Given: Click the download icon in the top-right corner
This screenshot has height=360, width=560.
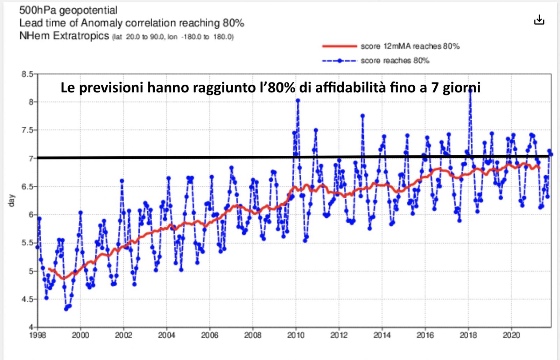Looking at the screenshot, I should coord(539,20).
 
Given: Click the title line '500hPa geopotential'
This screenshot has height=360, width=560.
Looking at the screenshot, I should coord(68,10).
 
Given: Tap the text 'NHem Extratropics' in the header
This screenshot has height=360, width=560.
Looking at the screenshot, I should coord(64,36).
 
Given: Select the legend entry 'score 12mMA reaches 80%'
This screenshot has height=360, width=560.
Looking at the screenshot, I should coord(410,46).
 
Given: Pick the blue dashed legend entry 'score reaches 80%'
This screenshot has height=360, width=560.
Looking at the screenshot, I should coord(395,61).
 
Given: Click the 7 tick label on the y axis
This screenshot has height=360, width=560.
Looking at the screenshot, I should coord(31,158).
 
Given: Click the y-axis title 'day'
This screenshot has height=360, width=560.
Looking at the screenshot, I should coord(12,200).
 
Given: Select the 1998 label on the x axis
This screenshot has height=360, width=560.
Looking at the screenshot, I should coord(37,335).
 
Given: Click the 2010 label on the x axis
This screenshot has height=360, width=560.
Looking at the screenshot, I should coord(296,335).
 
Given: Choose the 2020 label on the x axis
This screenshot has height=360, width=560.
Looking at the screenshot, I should coord(511,335).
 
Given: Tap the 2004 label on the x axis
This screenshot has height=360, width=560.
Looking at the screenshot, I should coord(167,335).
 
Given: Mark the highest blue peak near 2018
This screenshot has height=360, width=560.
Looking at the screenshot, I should coord(470,90).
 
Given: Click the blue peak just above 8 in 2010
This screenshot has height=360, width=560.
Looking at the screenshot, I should coord(298,101).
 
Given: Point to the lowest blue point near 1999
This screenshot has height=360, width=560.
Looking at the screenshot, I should coord(66,309).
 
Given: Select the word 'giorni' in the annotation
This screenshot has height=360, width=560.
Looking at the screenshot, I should coord(461,87).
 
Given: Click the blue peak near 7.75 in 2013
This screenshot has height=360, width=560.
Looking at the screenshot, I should coord(363,116).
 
